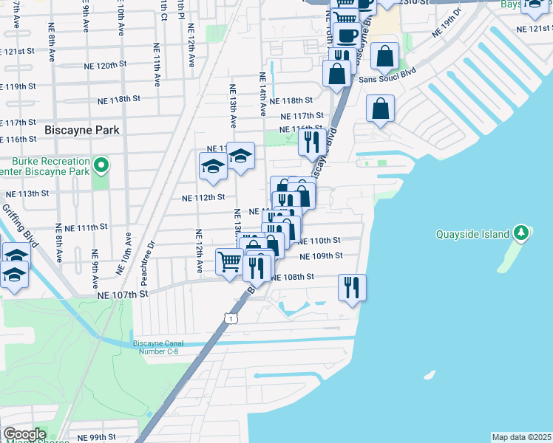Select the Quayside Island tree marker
521,233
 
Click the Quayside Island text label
471,234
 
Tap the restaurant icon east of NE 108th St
351,286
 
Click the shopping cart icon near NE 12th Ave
229,261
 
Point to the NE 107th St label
123,293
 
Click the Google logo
24,434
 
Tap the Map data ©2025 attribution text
522,437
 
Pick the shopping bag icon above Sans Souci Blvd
384,55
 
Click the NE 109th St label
321,255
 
